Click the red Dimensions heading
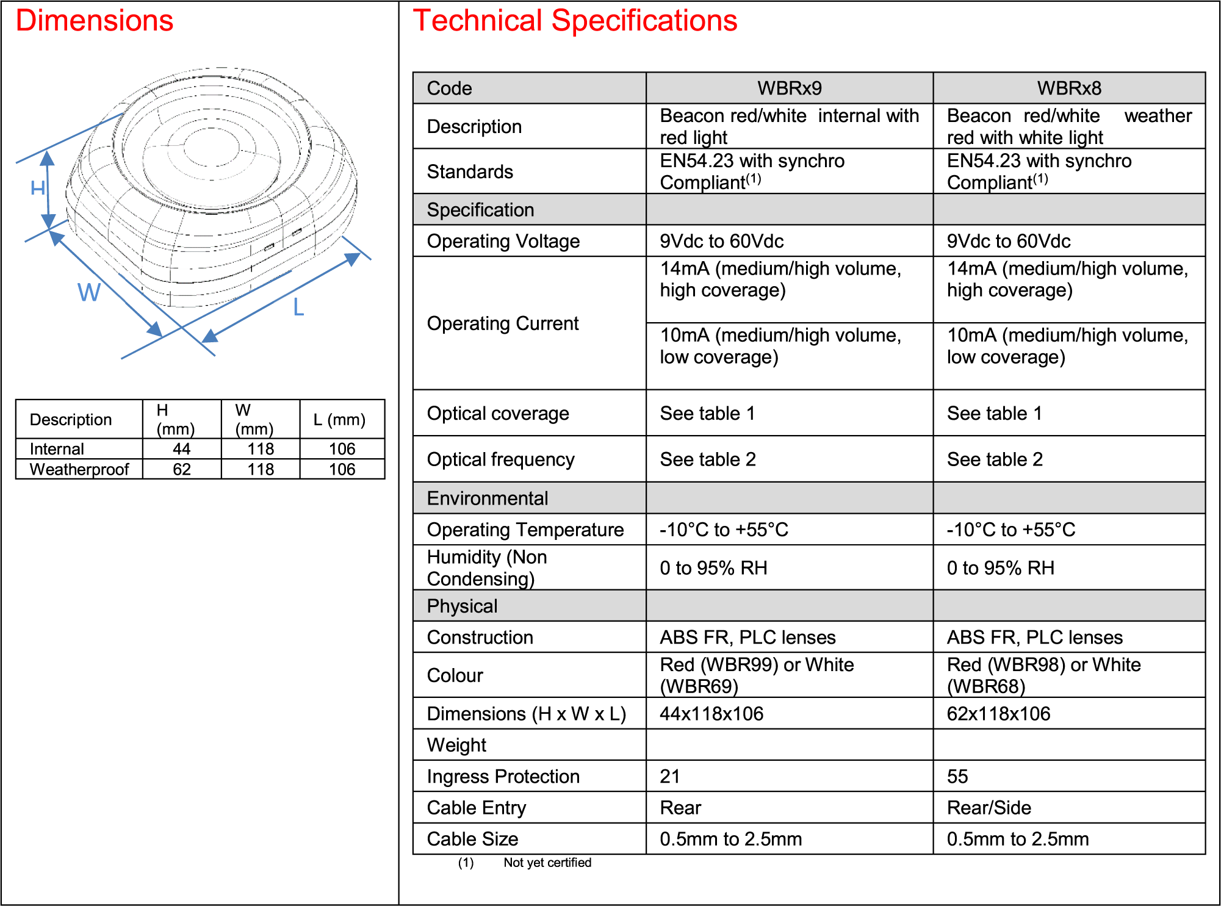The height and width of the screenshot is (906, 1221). (x=95, y=21)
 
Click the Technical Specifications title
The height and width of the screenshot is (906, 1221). (x=575, y=21)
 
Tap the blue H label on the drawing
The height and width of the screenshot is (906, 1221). (x=38, y=188)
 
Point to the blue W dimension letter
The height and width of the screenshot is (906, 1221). (x=89, y=292)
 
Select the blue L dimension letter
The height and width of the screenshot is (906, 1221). (x=298, y=307)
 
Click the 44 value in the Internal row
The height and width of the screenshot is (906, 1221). (x=182, y=449)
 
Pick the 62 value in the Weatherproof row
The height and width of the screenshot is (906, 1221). (x=182, y=469)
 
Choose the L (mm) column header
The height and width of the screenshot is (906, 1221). (x=339, y=420)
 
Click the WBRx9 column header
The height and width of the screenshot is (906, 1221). (x=790, y=88)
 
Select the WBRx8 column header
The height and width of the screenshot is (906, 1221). (x=1069, y=88)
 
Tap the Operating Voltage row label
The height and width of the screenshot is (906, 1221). (x=503, y=242)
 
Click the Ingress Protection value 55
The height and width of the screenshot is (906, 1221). (x=957, y=777)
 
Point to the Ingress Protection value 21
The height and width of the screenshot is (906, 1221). (x=669, y=777)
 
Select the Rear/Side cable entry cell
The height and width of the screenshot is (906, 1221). (x=989, y=808)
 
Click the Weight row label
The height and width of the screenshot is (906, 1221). (x=456, y=746)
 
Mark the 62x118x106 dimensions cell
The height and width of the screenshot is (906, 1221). (x=999, y=714)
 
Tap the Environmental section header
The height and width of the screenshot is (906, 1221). (x=488, y=498)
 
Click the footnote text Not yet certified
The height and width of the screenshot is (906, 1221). (x=547, y=863)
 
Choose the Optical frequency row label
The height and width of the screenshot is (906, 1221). (x=501, y=459)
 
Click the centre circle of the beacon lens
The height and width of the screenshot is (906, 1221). (x=212, y=148)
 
